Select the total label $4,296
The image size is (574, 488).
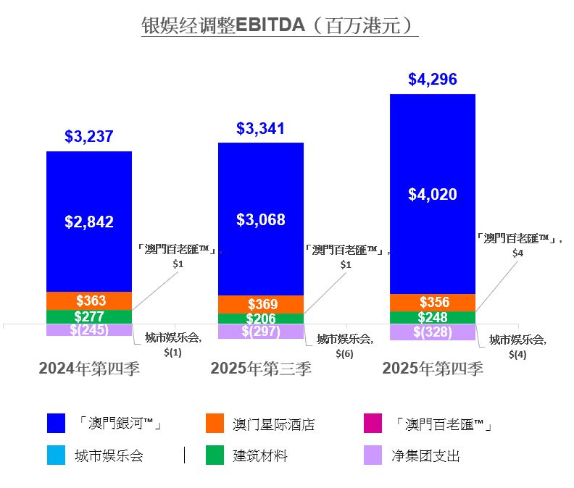coord(433,80)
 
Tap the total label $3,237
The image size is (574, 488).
coord(89,136)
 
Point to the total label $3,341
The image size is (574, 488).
coord(261,129)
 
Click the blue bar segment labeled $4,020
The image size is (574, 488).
coord(433,194)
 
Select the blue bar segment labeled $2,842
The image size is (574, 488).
coord(89,222)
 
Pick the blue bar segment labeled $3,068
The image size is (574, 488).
coord(261,219)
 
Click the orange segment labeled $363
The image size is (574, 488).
coord(89,300)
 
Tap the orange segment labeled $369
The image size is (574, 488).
coord(261,304)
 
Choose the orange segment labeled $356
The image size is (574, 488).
coord(433,303)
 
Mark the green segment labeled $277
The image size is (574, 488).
coord(89,316)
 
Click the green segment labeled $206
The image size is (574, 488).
coord(261,319)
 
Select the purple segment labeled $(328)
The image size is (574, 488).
coord(433,332)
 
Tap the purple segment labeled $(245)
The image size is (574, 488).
coord(89,330)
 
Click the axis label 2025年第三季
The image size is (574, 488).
coord(261,368)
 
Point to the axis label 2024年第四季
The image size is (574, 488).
coord(89,368)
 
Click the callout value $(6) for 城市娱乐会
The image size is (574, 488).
coord(344,353)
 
